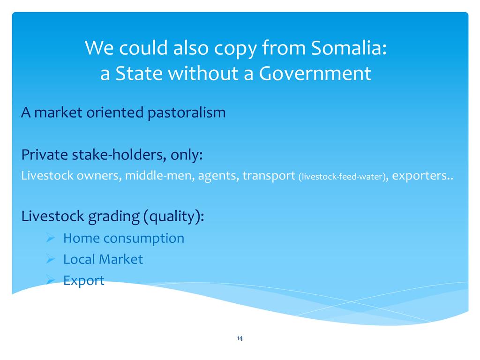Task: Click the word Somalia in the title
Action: pos(349,48)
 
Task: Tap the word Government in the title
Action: pos(315,73)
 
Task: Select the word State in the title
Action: pos(139,73)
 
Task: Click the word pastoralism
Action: pos(187,113)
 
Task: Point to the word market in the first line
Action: pos(58,112)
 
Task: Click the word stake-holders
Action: pos(119,154)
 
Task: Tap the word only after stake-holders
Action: pos(187,155)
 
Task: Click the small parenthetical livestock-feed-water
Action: pos(342,177)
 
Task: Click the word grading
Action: pos(114,217)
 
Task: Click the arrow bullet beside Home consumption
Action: pos(51,238)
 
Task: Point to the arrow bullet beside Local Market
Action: pos(51,259)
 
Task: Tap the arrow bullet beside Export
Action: pos(51,280)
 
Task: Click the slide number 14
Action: pos(240,338)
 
